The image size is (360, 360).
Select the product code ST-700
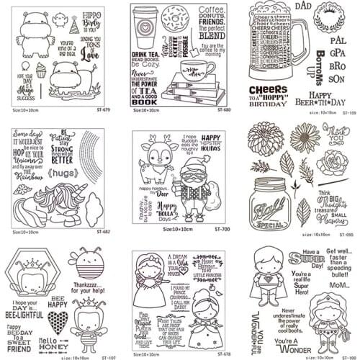point(221,229)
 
